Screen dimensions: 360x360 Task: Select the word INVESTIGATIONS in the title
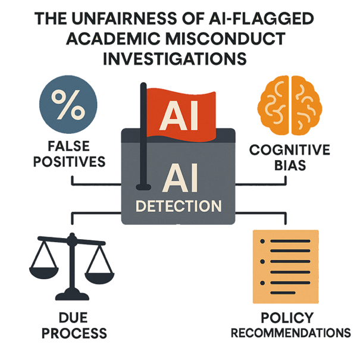(x=180, y=60)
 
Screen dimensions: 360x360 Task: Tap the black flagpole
(x=143, y=137)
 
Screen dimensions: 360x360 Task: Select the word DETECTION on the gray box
(x=179, y=206)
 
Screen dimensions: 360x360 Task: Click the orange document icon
(x=285, y=265)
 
